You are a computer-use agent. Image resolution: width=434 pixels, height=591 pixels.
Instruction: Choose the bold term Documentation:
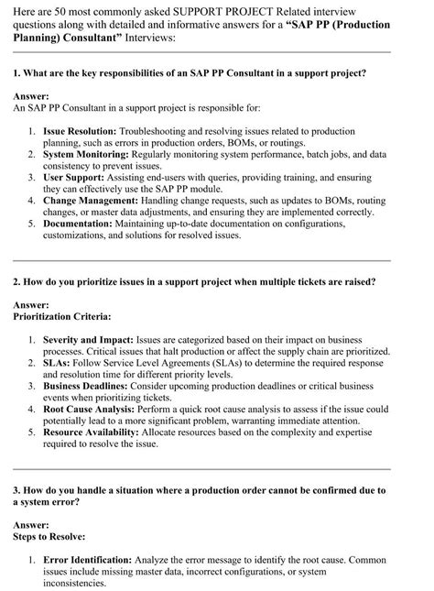click(80, 221)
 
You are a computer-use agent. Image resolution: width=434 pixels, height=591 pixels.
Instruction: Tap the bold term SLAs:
click(57, 361)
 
